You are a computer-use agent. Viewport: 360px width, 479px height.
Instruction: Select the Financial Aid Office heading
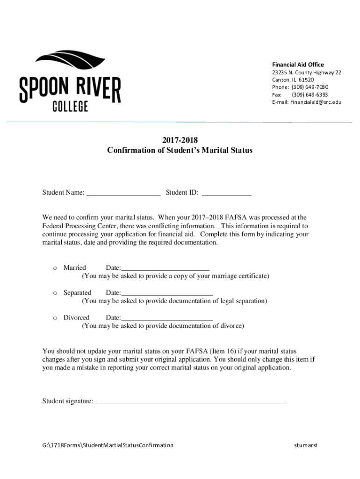pyautogui.click(x=298, y=65)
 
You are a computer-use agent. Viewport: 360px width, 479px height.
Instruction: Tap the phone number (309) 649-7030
pyautogui.click(x=310, y=87)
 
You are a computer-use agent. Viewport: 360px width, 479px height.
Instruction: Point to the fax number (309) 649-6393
pyautogui.click(x=310, y=94)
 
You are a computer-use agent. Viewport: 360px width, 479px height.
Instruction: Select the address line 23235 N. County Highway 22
pyautogui.click(x=307, y=73)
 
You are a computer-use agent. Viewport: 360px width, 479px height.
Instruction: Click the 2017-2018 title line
pyautogui.click(x=180, y=140)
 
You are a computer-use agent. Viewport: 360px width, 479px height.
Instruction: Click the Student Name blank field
pyautogui.click(x=123, y=192)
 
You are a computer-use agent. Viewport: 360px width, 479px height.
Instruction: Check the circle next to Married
pyautogui.click(x=55, y=268)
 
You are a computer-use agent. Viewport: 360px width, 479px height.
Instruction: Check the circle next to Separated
pyautogui.click(x=55, y=293)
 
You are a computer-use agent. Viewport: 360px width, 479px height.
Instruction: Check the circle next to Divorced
pyautogui.click(x=55, y=318)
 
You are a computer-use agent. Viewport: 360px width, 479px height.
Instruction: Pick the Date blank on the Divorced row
pyautogui.click(x=167, y=318)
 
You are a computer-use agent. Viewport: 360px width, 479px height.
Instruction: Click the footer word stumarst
pyautogui.click(x=306, y=445)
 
